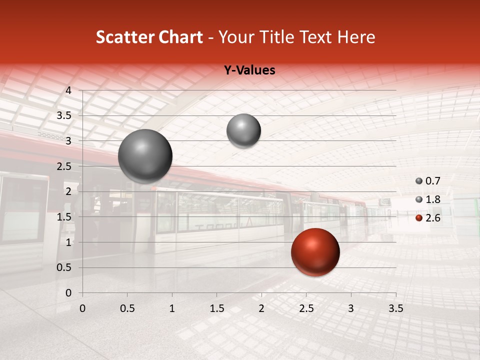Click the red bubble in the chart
point(315,252)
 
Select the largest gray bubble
point(145,156)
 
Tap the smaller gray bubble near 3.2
point(243,130)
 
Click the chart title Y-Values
point(249,70)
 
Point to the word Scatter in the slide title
point(125,37)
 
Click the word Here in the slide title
point(356,37)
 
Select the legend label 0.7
point(432,181)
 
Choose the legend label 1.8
point(432,199)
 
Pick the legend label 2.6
point(432,217)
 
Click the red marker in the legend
point(419,218)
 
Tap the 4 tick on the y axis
point(69,90)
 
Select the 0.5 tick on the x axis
point(127,308)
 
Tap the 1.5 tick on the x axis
point(216,308)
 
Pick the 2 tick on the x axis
point(261,308)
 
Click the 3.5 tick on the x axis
point(395,308)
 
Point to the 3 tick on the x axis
point(351,308)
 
